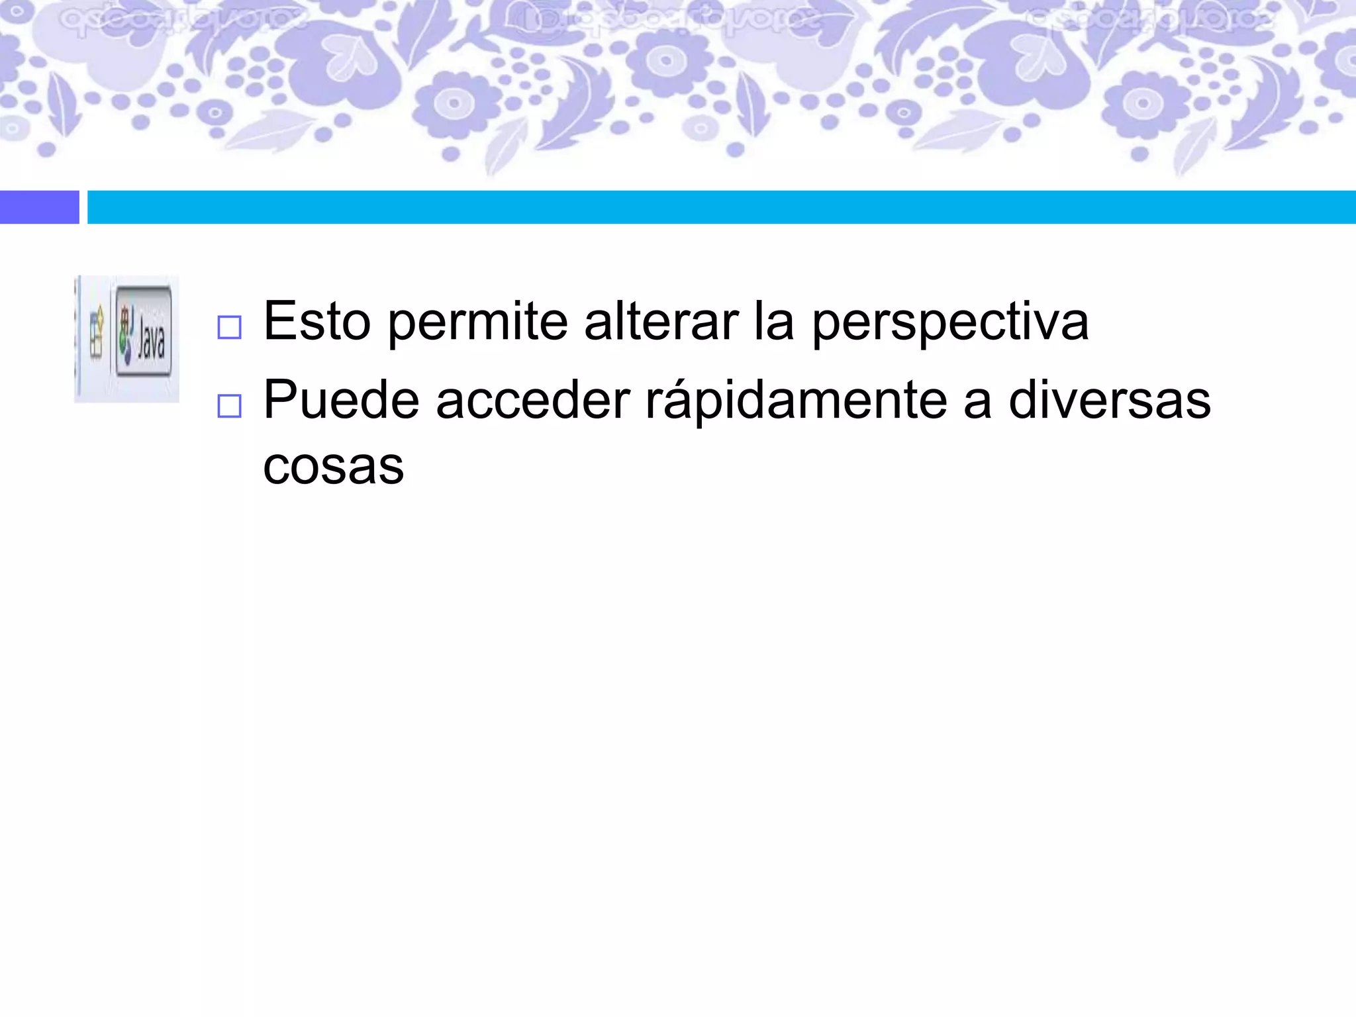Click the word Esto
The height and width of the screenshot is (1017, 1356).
[x=316, y=322]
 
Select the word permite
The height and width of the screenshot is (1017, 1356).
[x=477, y=322]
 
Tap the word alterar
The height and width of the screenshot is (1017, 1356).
[x=661, y=322]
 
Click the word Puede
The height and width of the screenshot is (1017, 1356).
[x=341, y=401]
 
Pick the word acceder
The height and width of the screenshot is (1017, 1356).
[x=533, y=401]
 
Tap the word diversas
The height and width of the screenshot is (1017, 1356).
[x=1109, y=401]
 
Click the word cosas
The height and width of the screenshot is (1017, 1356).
[x=333, y=466]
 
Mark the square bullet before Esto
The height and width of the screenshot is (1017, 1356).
[x=229, y=328]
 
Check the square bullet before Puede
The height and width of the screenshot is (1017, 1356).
[x=229, y=406]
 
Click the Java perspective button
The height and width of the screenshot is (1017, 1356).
[x=144, y=332]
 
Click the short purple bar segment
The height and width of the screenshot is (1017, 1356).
[x=39, y=207]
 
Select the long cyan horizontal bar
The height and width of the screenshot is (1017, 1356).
[x=721, y=207]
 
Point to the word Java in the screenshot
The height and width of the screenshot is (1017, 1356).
[x=152, y=338]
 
